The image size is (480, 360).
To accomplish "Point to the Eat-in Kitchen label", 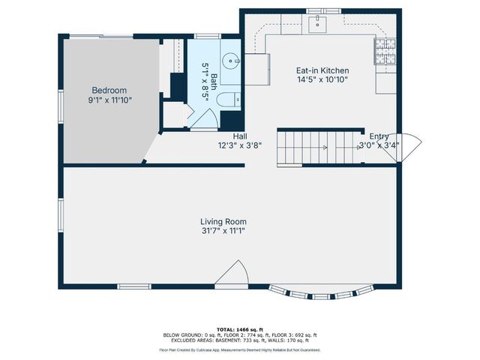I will [x=322, y=70].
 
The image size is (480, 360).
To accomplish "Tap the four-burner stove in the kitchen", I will [x=385, y=51].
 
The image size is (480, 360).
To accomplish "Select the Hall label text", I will [x=240, y=136].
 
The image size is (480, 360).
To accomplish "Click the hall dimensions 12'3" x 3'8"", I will [x=240, y=145].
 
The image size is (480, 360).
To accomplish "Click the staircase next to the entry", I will [x=315, y=147].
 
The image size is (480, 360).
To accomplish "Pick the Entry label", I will [x=379, y=136].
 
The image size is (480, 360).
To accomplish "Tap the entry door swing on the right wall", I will [x=411, y=147].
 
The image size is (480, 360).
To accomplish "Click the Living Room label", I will [x=223, y=221].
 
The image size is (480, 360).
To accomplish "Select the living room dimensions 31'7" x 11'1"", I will [x=223, y=231].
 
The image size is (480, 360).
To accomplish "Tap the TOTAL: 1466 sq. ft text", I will [x=239, y=329].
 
